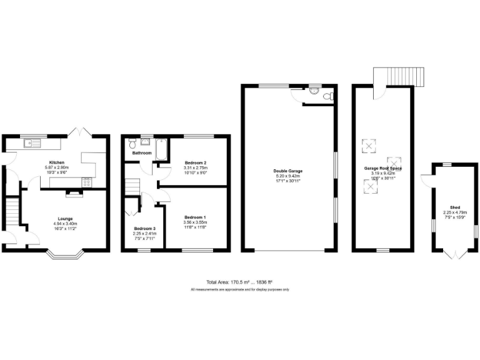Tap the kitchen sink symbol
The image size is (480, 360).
(32, 144)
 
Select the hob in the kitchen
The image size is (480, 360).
(85, 182)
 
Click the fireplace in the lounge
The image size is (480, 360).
(74, 193)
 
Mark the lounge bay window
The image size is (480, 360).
(64, 254)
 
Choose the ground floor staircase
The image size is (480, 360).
(12, 213)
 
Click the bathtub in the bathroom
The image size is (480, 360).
(159, 149)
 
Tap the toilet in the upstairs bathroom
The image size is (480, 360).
(132, 143)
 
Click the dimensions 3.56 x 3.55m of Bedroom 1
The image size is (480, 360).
(196, 222)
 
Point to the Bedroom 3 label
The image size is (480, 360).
(146, 229)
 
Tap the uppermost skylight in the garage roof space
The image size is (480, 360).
(369, 146)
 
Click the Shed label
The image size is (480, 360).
(455, 207)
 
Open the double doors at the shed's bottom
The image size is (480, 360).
(455, 254)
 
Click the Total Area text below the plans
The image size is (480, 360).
(239, 282)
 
